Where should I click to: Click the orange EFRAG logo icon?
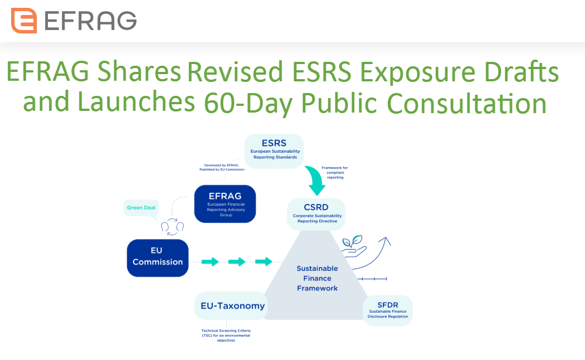coord(24,21)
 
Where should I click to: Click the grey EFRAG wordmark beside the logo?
coord(91,21)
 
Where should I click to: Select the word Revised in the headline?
coord(235,72)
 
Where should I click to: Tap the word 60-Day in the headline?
coord(248,103)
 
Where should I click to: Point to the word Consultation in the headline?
coord(466,103)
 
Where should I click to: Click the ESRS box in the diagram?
coord(274,150)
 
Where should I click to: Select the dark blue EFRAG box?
coord(225,204)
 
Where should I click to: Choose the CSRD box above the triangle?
coord(316,214)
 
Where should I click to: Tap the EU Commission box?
coord(158,258)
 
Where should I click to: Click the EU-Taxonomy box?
coord(232,306)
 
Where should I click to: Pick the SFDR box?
coord(388,310)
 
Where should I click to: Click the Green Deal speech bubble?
coord(142,208)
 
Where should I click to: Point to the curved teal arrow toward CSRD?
coord(314,179)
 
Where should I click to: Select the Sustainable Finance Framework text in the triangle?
coord(317,278)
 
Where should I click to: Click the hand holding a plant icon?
coord(354,246)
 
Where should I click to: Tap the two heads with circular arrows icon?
coord(172,227)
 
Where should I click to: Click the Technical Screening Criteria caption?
coord(226,335)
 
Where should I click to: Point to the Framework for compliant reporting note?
coord(335,173)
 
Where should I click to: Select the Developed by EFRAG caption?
coord(222,167)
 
